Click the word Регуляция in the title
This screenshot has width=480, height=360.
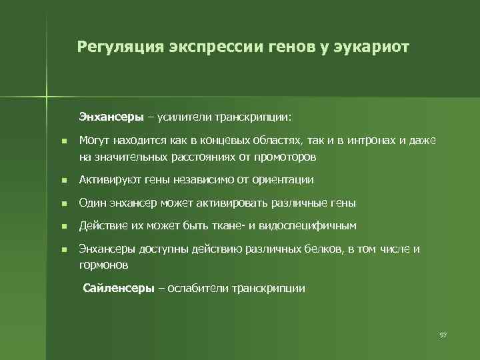117,47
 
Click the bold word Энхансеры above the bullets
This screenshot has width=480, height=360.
111,117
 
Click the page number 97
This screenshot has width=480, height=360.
443,334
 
